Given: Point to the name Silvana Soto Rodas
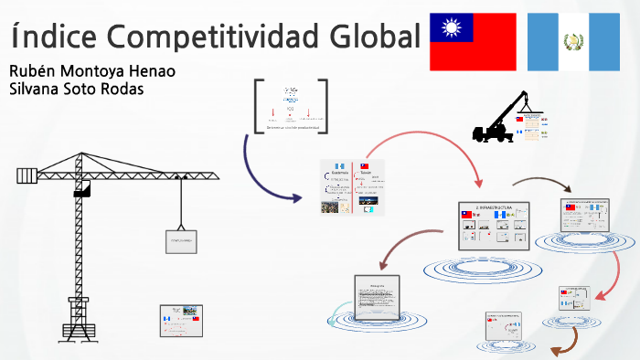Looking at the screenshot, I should coord(75,90).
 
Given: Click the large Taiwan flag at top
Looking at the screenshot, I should coord(473,42).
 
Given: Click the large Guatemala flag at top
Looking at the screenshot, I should coord(574,42).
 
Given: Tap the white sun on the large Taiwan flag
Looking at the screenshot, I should coord(452,28).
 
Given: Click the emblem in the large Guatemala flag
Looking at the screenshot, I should coord(574,42).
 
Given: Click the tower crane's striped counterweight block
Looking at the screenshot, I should coord(27,175).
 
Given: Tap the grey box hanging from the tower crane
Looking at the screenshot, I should coord(183,240).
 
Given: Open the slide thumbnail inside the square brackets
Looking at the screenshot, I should coord(290,107).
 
